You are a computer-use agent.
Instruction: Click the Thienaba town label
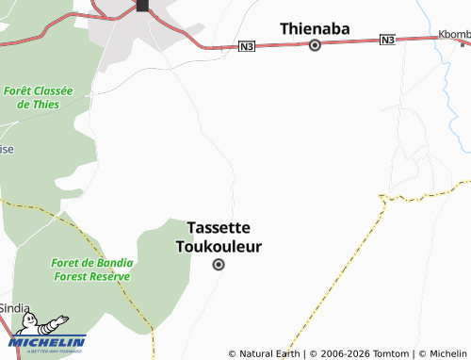(x=315, y=29)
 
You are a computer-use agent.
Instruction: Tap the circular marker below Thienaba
(x=315, y=45)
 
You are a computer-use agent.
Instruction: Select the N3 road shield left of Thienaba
(x=247, y=46)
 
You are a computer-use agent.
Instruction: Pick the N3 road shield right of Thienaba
(x=387, y=40)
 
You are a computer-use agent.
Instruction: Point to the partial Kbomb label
(x=453, y=35)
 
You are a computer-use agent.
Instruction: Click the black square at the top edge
(x=142, y=6)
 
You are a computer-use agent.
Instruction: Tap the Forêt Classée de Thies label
(x=38, y=97)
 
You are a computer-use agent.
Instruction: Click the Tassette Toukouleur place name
(x=219, y=237)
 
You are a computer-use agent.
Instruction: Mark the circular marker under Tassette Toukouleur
(x=219, y=265)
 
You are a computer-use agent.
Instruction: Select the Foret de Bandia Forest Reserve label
(x=92, y=270)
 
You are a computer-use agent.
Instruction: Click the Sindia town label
(x=14, y=308)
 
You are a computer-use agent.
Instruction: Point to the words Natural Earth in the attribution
(x=269, y=353)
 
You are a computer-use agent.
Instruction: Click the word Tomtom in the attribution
(x=390, y=353)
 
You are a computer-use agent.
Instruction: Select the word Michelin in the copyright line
(x=447, y=353)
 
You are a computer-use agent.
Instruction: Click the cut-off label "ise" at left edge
(x=7, y=149)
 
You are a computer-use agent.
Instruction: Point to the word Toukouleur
(x=219, y=247)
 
